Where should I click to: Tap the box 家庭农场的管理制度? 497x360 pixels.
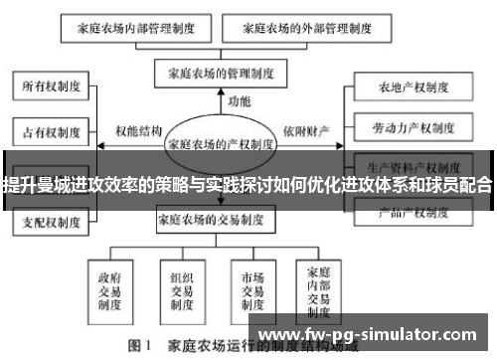point(222,72)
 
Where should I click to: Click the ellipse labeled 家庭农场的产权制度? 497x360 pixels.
point(222,143)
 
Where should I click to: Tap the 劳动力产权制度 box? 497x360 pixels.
point(404,128)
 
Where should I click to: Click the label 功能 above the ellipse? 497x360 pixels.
point(240,101)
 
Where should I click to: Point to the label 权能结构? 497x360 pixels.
point(138,130)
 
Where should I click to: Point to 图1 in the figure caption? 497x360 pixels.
point(138,348)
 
